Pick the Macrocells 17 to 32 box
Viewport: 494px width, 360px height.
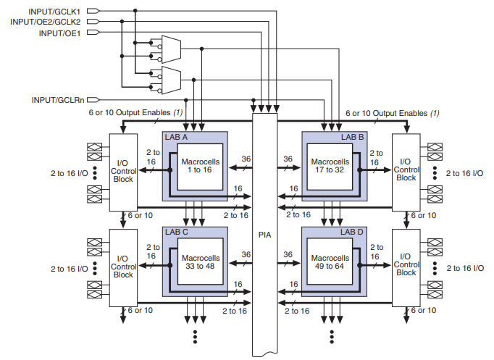(330, 164)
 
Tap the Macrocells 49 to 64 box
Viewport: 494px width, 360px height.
(330, 261)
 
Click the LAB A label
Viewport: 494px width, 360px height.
(177, 136)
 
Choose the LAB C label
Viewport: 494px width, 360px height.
(177, 232)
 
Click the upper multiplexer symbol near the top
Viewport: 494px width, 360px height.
(170, 49)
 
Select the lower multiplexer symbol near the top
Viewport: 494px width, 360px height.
(170, 78)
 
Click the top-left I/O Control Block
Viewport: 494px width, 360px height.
(124, 172)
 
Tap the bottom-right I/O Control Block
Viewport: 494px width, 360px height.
(406, 267)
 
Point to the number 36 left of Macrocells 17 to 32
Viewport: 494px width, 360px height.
(288, 159)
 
